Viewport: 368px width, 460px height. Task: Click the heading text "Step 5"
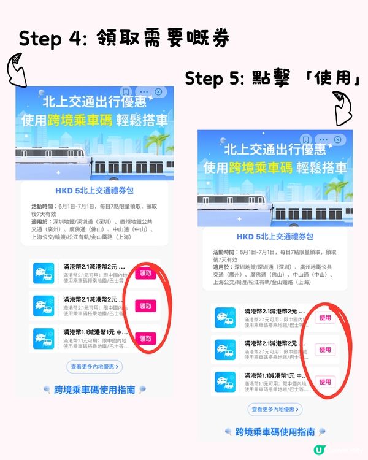[211, 79]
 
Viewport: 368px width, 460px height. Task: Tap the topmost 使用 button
[325, 318]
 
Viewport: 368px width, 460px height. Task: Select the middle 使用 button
[325, 350]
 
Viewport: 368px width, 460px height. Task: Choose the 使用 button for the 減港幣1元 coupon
[325, 381]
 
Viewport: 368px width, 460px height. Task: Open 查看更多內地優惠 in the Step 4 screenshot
[94, 367]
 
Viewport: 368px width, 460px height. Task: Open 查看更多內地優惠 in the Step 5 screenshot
[275, 409]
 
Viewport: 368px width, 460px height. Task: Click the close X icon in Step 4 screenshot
[158, 92]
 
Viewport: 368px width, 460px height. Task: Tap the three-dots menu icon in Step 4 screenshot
[143, 92]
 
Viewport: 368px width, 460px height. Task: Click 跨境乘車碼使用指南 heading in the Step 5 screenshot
[275, 432]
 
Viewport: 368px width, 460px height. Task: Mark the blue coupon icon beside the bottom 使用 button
[224, 381]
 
